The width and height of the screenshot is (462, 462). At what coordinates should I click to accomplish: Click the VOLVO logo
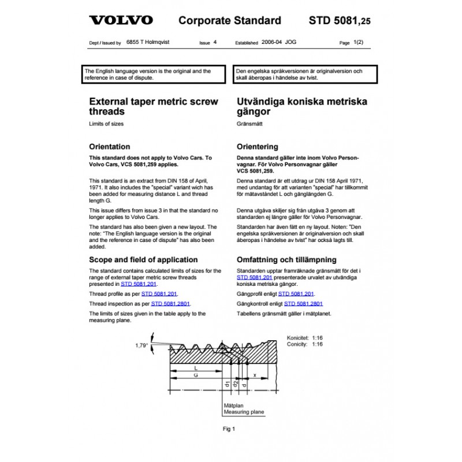121,21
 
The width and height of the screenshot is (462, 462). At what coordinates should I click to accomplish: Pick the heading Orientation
109,147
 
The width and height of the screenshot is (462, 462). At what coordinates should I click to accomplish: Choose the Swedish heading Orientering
258,147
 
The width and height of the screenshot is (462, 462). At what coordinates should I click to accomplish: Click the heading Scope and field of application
150,260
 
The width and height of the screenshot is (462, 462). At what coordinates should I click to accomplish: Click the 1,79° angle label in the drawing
142,345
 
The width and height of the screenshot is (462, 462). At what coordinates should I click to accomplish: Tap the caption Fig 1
229,429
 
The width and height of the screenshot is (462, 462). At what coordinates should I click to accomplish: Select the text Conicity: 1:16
304,344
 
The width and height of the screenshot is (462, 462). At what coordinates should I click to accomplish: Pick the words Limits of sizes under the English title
106,124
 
